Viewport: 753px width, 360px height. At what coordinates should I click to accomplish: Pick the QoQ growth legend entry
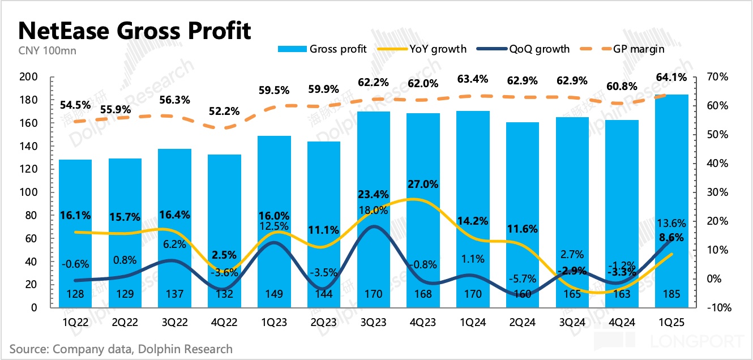click(524, 49)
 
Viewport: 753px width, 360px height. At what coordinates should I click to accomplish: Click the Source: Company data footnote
click(121, 349)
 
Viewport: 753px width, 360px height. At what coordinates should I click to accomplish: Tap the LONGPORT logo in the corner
click(696, 342)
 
